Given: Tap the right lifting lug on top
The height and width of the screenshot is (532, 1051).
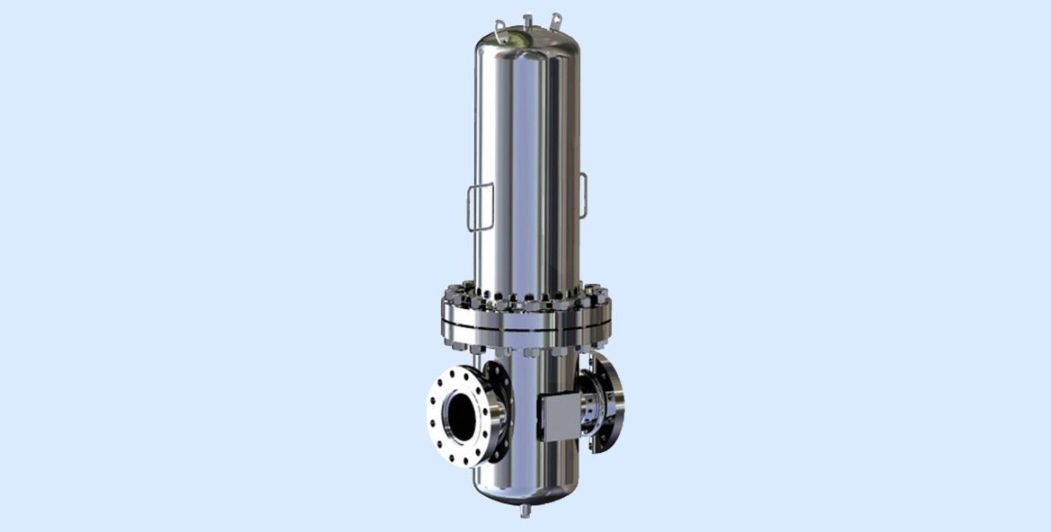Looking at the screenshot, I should tap(557, 18).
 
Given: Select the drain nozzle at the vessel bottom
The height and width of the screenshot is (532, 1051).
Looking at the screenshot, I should tap(524, 510).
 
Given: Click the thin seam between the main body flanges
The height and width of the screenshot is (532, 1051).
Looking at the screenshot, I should tap(525, 327).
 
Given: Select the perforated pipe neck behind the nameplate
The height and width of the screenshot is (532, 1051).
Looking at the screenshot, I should tap(589, 409).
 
